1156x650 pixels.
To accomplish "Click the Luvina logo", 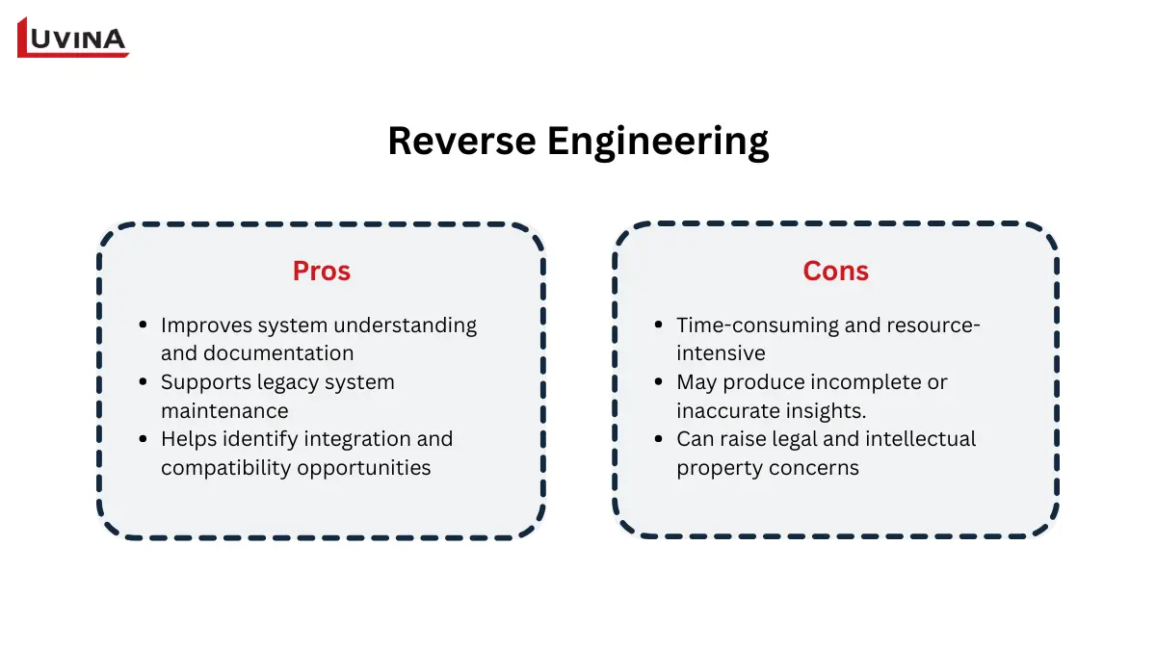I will (x=73, y=38).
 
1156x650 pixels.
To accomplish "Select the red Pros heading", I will (x=321, y=272).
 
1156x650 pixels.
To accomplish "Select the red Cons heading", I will (x=835, y=272).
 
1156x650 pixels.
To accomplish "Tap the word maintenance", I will (x=224, y=410).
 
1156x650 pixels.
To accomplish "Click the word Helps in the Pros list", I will (x=188, y=439).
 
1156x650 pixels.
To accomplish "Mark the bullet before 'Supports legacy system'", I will (x=143, y=382).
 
